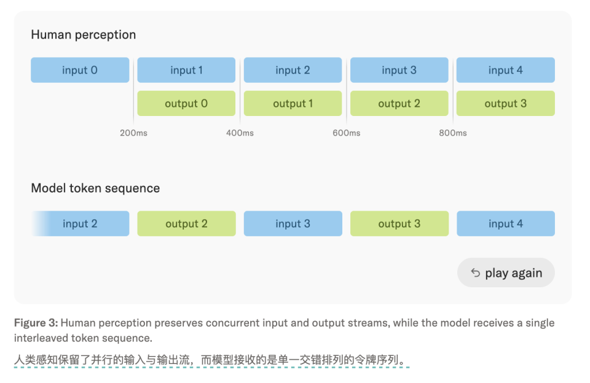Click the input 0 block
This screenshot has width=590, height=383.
80,70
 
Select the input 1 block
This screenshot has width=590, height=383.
186,70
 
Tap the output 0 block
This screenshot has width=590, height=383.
186,103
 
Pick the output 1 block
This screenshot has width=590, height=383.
293,103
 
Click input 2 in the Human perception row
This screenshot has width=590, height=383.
293,70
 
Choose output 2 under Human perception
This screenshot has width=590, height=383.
399,103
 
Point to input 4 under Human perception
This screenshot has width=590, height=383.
506,70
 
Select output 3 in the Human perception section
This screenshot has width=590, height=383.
506,103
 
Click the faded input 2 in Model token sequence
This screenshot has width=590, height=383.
80,223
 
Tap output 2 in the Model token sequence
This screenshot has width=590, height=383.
186,223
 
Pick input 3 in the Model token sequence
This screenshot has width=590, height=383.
293,223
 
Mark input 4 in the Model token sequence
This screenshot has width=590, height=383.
506,223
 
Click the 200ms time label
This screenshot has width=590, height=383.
133,133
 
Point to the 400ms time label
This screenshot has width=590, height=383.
240,133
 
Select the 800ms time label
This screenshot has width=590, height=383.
453,133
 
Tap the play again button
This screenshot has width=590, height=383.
506,273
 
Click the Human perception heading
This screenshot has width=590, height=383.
83,34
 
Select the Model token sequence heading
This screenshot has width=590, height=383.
95,188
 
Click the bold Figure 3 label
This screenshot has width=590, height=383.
36,323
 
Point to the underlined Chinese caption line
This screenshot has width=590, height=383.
212,360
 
